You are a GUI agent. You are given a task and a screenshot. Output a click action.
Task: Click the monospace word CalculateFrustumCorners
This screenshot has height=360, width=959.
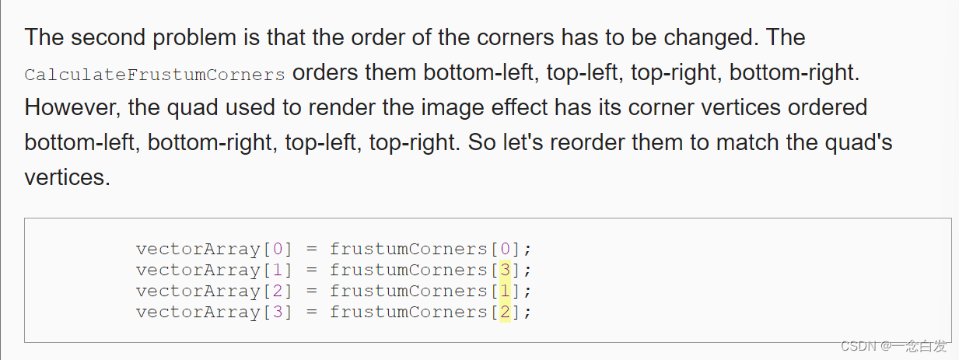[155, 75]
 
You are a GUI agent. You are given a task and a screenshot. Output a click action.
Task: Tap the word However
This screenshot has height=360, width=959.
[69, 107]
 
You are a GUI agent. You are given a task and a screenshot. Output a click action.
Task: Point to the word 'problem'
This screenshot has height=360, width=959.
[208, 37]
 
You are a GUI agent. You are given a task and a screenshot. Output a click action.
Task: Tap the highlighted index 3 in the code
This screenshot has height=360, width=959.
[505, 270]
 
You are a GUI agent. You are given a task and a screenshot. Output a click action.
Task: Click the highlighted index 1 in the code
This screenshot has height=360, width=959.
[505, 291]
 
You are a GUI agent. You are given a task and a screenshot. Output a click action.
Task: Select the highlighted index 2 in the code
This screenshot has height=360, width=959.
[505, 312]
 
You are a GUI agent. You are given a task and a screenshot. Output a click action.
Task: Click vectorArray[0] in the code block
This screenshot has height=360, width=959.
[214, 249]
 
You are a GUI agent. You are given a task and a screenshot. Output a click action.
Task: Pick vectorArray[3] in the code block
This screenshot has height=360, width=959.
[214, 312]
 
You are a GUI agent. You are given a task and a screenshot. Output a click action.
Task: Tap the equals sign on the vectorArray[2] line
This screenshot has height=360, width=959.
[311, 291]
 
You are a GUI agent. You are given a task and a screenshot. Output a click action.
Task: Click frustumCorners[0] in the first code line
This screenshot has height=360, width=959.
[429, 249]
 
